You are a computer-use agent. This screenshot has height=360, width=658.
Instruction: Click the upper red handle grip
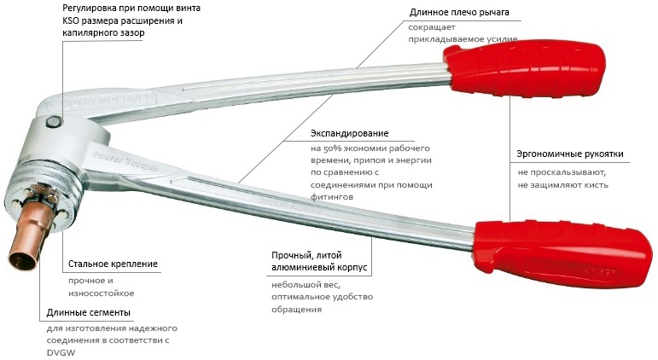click(x=525, y=68)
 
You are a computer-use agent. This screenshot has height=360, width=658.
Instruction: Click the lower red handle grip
click(x=562, y=253)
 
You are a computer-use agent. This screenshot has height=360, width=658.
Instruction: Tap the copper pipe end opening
click(x=21, y=260)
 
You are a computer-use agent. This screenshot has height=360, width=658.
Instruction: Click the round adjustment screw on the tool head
click(x=53, y=122)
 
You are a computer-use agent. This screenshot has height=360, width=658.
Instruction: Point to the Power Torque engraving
click(x=125, y=162)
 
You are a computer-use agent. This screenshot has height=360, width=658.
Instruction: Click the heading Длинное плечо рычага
click(x=459, y=13)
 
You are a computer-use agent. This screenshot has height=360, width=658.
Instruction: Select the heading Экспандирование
click(x=350, y=133)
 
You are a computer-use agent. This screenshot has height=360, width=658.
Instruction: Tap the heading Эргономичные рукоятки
click(x=570, y=154)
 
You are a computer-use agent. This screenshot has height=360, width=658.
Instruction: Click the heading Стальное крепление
click(x=113, y=264)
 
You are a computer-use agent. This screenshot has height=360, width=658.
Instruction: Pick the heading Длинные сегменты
click(x=89, y=312)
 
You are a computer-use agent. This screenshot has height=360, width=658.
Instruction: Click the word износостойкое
click(x=102, y=293)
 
